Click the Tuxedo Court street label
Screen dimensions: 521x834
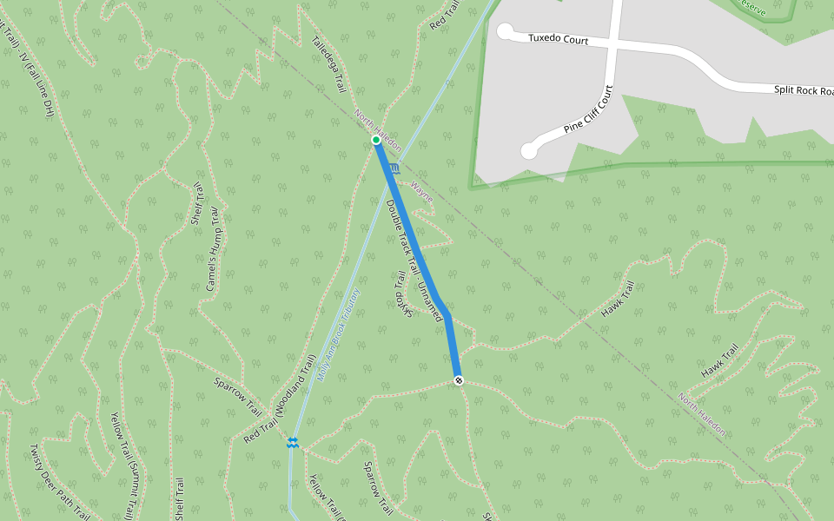click(x=558, y=40)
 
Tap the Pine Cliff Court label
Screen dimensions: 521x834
click(x=589, y=109)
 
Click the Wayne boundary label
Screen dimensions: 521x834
click(x=421, y=191)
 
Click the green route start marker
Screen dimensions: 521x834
click(x=375, y=140)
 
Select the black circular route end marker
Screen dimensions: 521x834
click(x=458, y=380)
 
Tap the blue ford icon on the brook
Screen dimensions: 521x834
click(x=295, y=444)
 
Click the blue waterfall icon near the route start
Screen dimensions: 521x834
click(x=395, y=168)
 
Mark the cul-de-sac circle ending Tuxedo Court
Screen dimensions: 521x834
click(x=505, y=31)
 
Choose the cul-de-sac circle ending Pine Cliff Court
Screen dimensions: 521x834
click(x=528, y=151)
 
